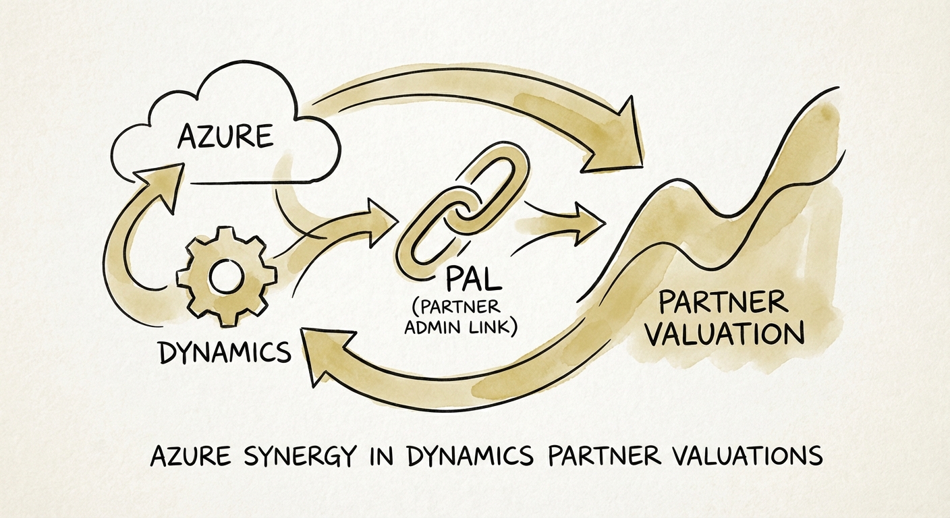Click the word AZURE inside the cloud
coord(225,137)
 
